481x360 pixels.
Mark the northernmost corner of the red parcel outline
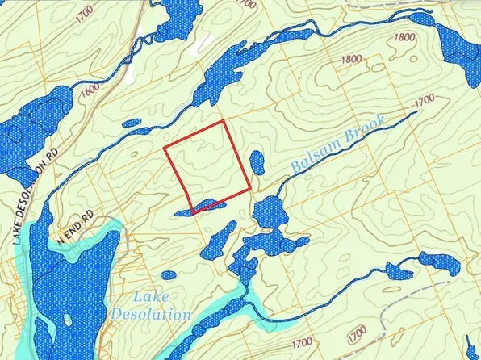(x=224, y=122)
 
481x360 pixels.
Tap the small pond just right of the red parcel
(x=256, y=162)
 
